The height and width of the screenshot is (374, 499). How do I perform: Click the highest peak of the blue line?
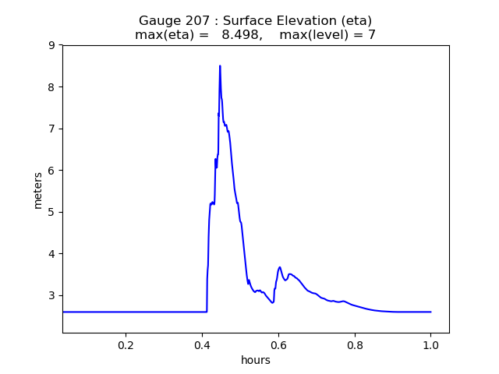point(220,65)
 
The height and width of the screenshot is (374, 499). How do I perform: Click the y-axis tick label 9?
point(51,45)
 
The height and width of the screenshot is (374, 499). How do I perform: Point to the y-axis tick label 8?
point(51,86)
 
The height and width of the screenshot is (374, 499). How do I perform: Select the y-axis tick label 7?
point(51,129)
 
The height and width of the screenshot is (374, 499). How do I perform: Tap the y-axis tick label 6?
point(51,170)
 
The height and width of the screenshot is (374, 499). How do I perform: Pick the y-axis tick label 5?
point(51,212)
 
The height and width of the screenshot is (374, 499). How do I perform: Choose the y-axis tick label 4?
point(51,253)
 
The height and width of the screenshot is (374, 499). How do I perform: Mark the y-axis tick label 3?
point(51,295)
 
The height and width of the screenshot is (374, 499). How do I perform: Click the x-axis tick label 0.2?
point(126,344)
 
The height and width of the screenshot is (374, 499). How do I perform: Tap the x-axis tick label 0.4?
point(202,344)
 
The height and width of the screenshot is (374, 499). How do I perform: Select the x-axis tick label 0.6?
point(278,344)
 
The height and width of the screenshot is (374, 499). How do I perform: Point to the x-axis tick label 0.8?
point(355,344)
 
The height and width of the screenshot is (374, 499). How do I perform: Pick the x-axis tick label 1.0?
point(430,344)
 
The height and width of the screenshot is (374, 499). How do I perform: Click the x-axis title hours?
point(256,360)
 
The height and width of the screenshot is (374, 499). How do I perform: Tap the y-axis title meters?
point(38,189)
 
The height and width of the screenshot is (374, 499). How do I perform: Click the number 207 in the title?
point(193,21)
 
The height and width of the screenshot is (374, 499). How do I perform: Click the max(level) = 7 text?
point(327,35)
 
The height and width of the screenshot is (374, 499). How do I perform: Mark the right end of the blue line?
point(430,312)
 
